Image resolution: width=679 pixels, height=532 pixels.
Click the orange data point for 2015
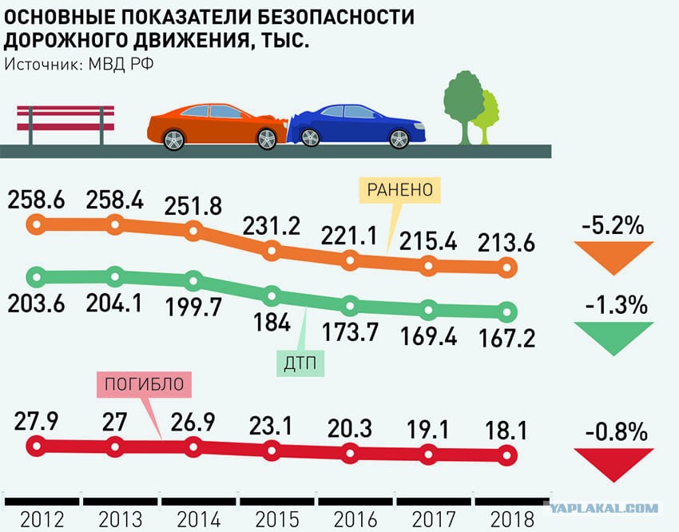[x=272, y=251]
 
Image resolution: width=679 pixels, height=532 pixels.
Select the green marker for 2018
[x=507, y=312]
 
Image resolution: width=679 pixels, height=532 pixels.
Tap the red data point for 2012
[x=37, y=446]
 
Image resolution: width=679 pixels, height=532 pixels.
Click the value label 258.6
[x=37, y=200]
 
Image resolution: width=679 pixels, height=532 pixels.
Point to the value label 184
[x=272, y=323]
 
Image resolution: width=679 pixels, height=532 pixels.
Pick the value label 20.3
[x=350, y=428]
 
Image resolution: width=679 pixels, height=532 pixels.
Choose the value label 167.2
[x=507, y=338]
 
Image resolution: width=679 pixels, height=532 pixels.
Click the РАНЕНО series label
[x=399, y=190]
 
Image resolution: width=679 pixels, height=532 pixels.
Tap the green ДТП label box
[x=300, y=363]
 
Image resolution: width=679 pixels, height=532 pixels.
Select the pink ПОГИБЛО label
[x=145, y=384]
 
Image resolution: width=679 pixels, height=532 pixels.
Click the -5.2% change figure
[x=613, y=225]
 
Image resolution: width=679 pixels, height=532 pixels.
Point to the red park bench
[x=66, y=125]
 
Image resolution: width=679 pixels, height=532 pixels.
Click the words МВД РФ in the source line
[x=121, y=64]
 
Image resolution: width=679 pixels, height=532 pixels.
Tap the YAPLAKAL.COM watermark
[x=604, y=508]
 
